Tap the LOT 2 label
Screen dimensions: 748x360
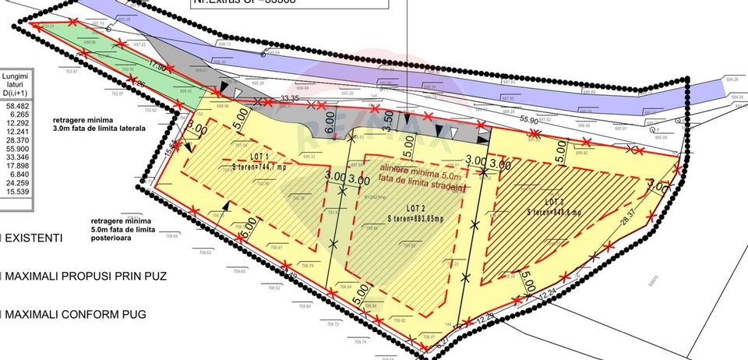click(415, 208)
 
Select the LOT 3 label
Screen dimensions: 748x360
click(555, 202)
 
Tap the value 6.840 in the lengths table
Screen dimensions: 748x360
click(16, 174)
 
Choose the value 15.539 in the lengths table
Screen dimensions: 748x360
click(16, 191)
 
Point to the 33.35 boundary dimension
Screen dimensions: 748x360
click(289, 97)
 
